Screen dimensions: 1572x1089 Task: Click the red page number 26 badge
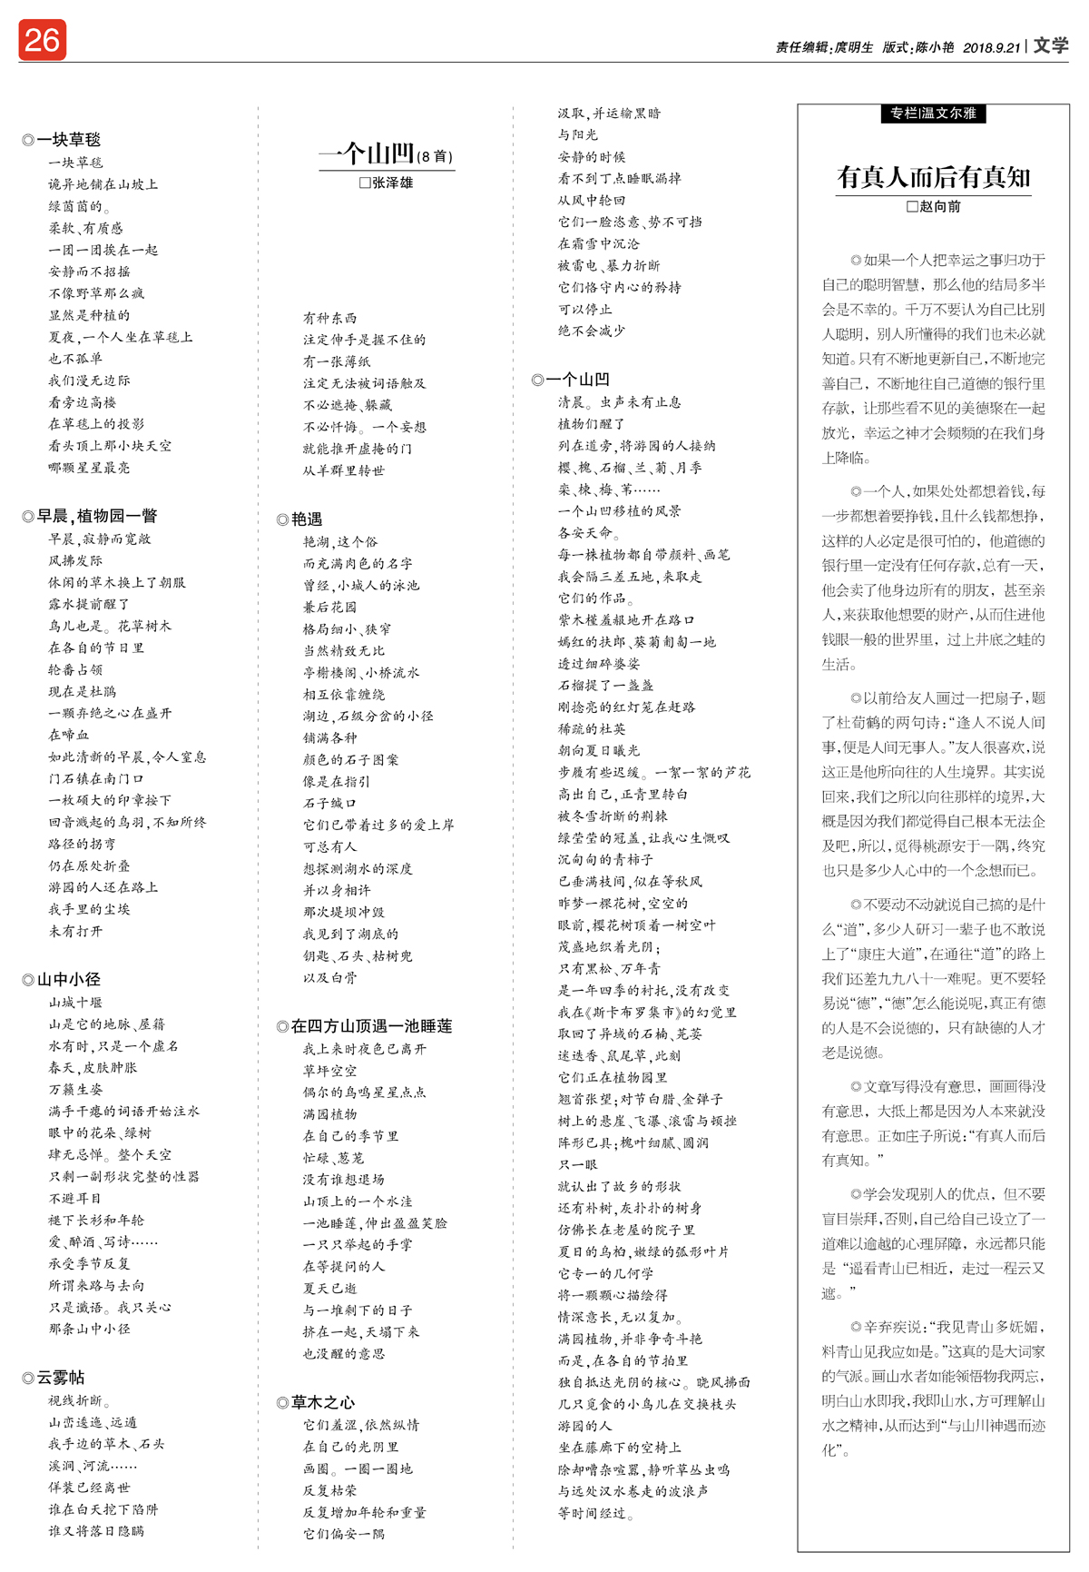[42, 40]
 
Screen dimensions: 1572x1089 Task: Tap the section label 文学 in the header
[1052, 45]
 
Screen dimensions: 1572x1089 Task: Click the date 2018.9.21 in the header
[991, 47]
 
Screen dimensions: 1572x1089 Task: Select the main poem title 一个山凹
[367, 153]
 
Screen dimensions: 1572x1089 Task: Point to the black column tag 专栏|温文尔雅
[933, 114]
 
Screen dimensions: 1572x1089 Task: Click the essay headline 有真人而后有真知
[933, 177]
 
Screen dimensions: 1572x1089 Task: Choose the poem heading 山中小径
[68, 980]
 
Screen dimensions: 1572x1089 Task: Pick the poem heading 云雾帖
[60, 1378]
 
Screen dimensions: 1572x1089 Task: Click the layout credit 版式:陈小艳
[917, 47]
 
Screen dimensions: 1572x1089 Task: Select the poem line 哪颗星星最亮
[89, 468]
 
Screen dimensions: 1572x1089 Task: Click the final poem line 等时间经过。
[595, 1513]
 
